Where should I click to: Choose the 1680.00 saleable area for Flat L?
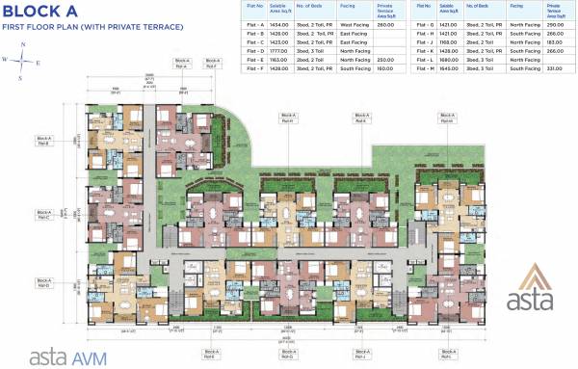(x=448, y=59)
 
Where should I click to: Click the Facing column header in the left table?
(x=348, y=6)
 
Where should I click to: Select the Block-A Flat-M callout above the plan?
(x=445, y=119)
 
